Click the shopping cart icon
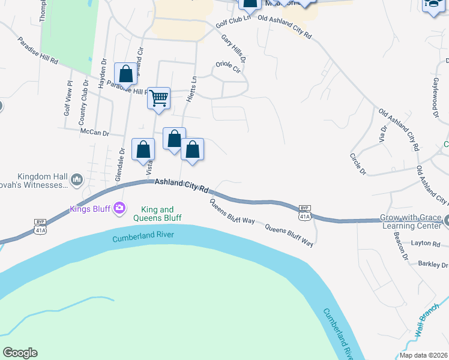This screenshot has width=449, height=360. [159, 97]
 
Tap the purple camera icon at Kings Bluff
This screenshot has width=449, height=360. [120, 208]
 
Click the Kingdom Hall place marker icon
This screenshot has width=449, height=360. [76, 179]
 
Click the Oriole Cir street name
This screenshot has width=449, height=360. [228, 65]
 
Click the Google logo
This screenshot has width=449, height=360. [20, 353]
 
